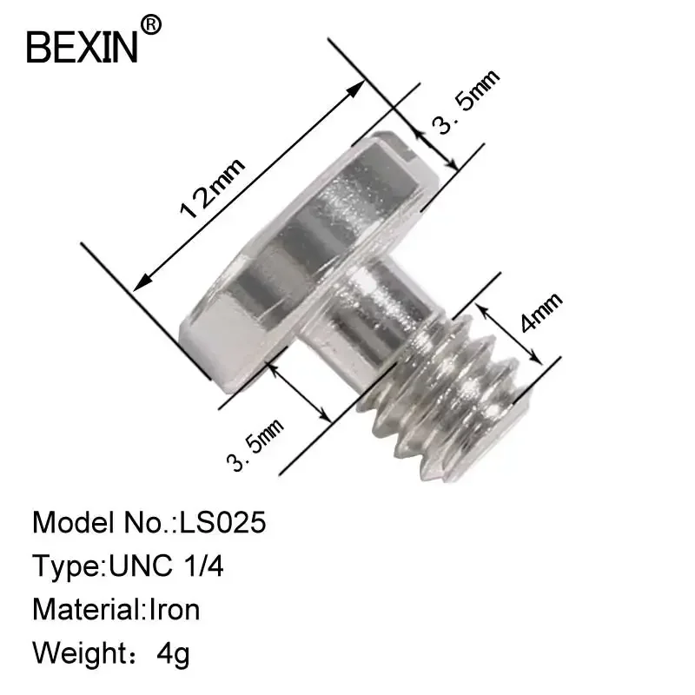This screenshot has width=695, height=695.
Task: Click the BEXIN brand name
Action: (x=83, y=47)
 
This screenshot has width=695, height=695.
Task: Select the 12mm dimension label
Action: (x=213, y=186)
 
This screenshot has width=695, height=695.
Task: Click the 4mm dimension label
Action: (x=540, y=313)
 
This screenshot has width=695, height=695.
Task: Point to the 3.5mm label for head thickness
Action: (x=467, y=103)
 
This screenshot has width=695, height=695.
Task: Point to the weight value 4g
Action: (x=172, y=652)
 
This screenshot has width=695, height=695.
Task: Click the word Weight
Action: (x=76, y=652)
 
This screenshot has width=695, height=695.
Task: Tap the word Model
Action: (x=69, y=523)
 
